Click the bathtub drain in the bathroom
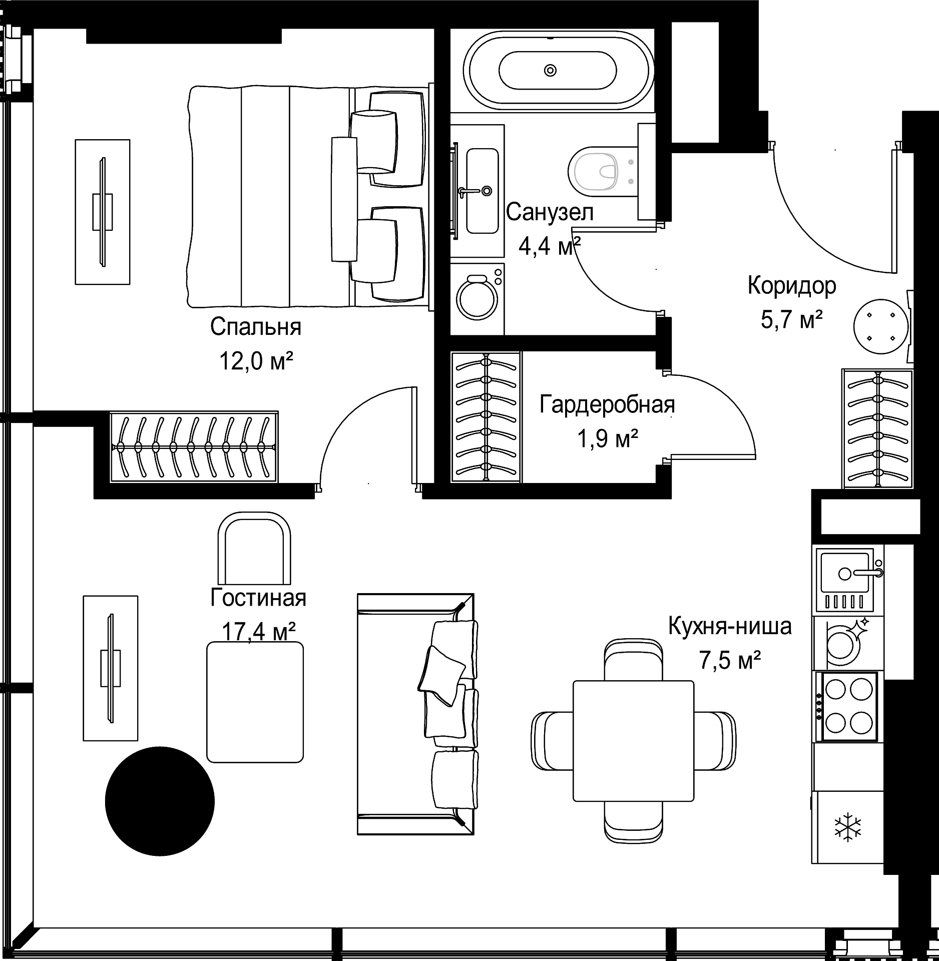click(x=550, y=70)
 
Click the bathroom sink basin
click(x=482, y=190)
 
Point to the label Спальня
click(x=256, y=327)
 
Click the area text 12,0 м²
click(x=256, y=360)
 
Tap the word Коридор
click(x=792, y=286)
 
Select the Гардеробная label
click(x=607, y=404)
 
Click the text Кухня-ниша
click(x=730, y=626)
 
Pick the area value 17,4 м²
click(x=258, y=632)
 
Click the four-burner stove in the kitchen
click(x=847, y=706)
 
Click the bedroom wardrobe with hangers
click(x=194, y=446)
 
